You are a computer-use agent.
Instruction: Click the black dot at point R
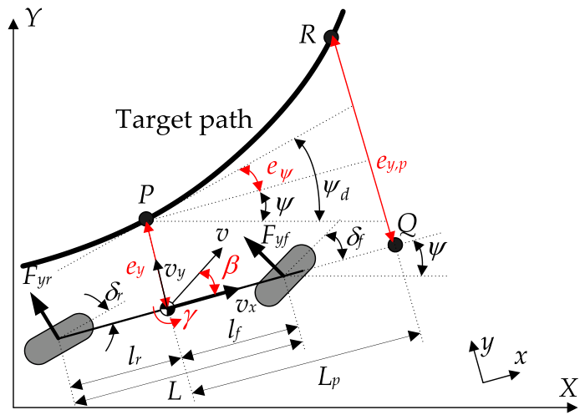331,37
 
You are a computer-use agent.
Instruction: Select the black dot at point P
146,220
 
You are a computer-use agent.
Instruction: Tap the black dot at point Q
395,245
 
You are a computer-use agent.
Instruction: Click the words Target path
183,119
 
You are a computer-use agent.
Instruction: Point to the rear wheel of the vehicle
59,337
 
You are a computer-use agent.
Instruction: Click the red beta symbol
231,266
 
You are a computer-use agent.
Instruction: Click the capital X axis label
568,387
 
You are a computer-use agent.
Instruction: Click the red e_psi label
277,167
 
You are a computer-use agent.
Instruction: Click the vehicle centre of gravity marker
167,309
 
